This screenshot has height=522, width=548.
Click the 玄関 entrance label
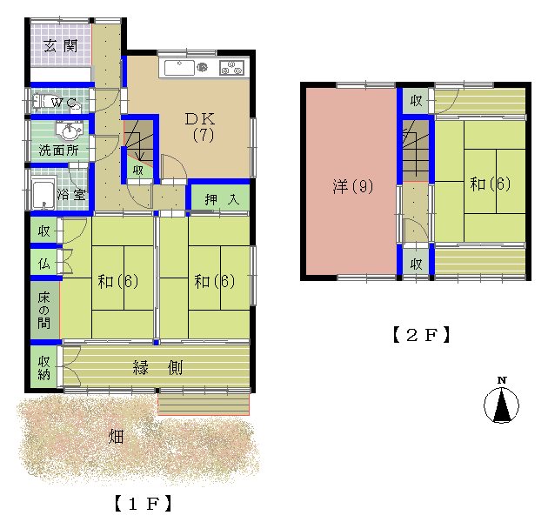(x=61, y=46)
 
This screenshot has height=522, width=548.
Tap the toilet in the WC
(x=41, y=102)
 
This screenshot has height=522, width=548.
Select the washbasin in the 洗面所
(x=70, y=130)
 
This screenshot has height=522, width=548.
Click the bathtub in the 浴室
(x=43, y=193)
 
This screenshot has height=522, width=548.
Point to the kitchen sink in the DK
(x=180, y=68)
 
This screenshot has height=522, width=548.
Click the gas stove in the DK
(x=231, y=68)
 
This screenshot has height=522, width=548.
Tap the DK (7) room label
(x=200, y=127)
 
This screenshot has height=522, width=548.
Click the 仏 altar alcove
(x=43, y=264)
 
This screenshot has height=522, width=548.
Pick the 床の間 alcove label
(x=44, y=311)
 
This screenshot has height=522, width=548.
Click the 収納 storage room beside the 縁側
(x=43, y=367)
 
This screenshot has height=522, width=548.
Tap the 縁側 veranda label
(x=157, y=368)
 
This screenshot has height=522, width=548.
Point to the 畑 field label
(x=116, y=437)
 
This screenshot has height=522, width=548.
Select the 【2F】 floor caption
(x=421, y=335)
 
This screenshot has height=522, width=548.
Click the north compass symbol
(x=502, y=402)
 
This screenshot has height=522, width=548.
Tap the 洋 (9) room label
(x=353, y=186)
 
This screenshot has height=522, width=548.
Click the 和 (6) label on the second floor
(x=490, y=184)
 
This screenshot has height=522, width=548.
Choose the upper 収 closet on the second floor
(x=416, y=101)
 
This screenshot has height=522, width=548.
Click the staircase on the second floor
(x=416, y=151)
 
